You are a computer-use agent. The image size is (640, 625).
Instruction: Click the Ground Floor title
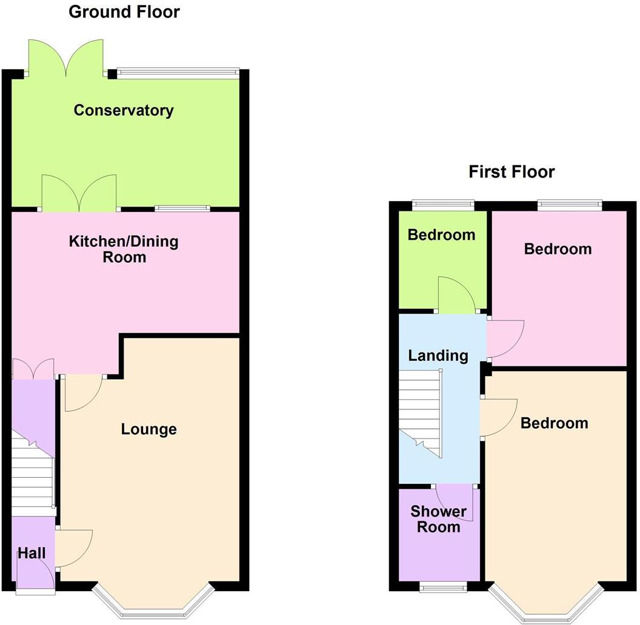tap(124, 12)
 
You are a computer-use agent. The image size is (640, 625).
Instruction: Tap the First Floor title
tap(512, 172)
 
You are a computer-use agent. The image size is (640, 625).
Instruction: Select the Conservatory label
tap(124, 110)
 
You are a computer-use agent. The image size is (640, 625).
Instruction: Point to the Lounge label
tap(149, 429)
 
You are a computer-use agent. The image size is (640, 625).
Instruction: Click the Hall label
tap(32, 552)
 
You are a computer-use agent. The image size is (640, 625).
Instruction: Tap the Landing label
tap(438, 355)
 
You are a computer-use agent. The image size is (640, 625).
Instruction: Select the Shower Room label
tap(439, 519)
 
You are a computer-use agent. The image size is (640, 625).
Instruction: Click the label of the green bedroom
tap(441, 235)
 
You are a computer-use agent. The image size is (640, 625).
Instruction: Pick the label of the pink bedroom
tap(558, 249)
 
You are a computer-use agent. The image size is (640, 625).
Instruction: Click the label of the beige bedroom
tap(554, 423)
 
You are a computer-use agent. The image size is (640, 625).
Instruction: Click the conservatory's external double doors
tap(66, 58)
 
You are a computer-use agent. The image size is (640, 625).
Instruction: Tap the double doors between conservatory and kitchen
tap(79, 193)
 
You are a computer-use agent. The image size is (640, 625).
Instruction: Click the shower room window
tap(444, 586)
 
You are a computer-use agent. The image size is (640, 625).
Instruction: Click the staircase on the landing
tap(421, 412)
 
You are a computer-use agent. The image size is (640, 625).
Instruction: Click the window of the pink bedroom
tap(569, 205)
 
